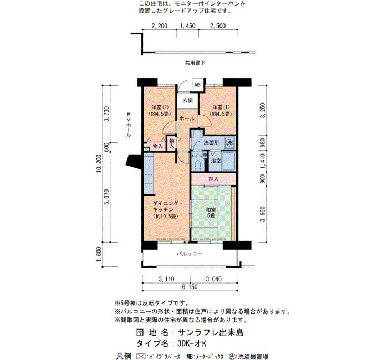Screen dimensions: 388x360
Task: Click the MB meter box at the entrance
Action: point(198,85)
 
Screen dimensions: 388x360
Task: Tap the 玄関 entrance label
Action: point(188,101)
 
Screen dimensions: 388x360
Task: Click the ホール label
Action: point(187,119)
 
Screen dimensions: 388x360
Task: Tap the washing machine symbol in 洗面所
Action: point(229,142)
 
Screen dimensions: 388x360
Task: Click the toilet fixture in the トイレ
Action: point(198,166)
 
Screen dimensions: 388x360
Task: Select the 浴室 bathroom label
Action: point(216,161)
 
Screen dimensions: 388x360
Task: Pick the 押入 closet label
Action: point(213,178)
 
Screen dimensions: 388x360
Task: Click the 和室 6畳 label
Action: point(211,213)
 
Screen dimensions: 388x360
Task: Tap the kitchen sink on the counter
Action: point(149,179)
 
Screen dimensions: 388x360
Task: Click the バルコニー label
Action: point(190,254)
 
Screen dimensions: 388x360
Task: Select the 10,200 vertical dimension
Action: point(99,163)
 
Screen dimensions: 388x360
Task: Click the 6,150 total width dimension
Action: point(190,287)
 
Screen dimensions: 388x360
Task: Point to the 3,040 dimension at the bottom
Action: point(214,279)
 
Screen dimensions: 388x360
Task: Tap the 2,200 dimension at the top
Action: point(160,25)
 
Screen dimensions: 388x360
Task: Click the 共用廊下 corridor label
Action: point(195,63)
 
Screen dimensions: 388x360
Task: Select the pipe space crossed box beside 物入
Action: point(147,150)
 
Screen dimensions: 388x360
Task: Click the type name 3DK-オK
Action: point(192,344)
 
